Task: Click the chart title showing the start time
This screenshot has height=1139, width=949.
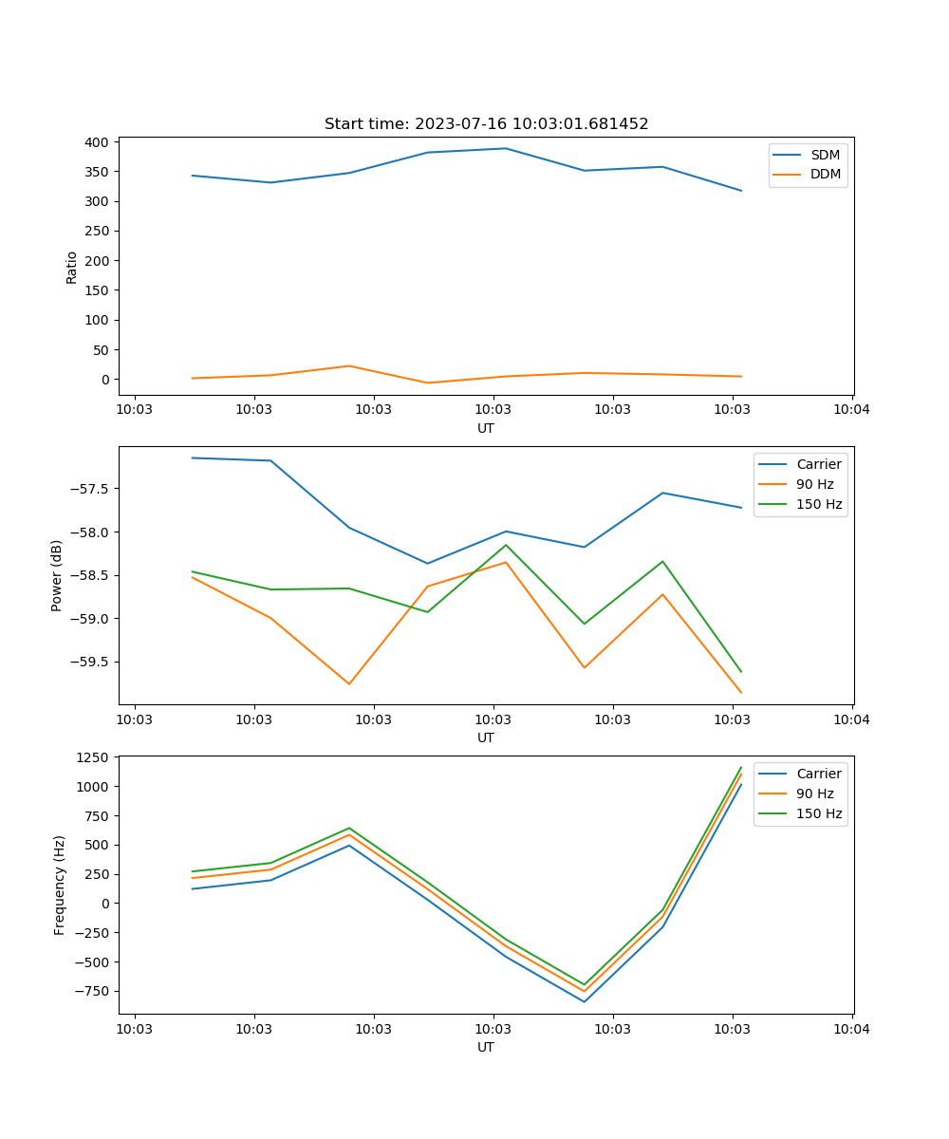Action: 486,124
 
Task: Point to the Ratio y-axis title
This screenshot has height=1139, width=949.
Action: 72,268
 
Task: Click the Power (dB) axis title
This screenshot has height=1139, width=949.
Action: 57,575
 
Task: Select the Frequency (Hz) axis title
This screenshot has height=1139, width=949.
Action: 59,885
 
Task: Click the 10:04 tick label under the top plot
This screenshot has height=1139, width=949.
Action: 851,410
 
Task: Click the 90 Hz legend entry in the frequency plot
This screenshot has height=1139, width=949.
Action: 815,794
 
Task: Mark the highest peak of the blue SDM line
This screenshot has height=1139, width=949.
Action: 506,148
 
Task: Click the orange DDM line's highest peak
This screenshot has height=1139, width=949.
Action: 349,365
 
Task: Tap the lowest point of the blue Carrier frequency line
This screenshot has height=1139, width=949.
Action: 585,1001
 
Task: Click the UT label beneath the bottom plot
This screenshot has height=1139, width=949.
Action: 486,1047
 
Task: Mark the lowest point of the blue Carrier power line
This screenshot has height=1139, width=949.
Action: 427,563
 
